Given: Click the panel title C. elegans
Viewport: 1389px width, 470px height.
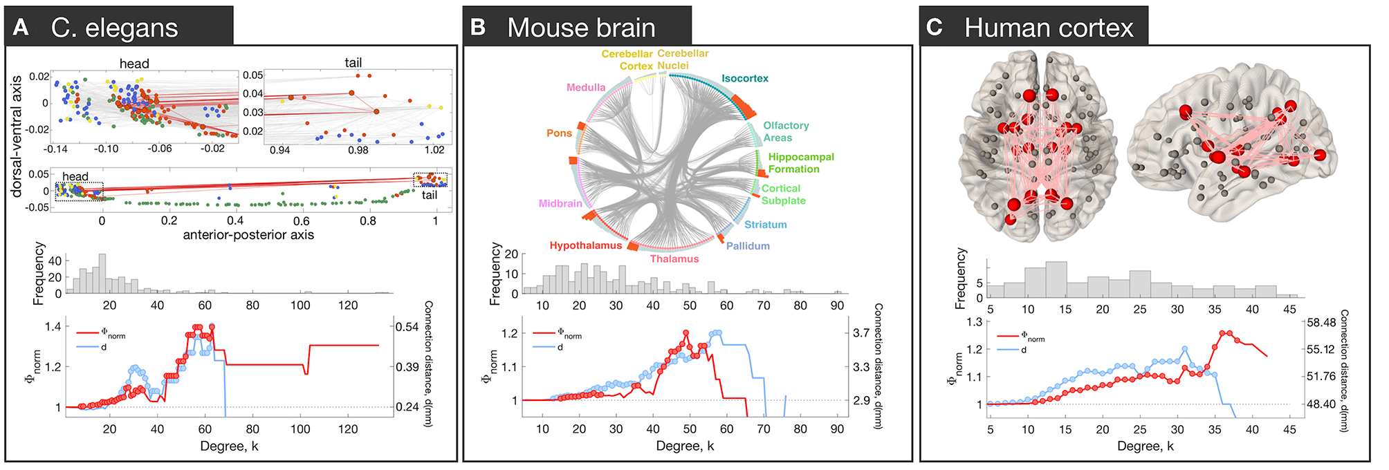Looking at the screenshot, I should tap(114, 28).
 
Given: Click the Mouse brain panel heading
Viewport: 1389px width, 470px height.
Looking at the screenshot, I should tap(581, 28).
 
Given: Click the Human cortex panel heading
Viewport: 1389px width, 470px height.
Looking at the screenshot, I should tap(1049, 28).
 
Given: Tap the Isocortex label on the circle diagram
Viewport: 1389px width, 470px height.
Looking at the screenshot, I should tap(745, 79).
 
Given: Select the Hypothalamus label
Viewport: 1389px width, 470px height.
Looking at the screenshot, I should tap(586, 245).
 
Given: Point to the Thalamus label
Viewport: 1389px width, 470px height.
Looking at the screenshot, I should tap(674, 259).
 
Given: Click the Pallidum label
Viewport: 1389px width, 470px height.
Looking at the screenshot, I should tap(748, 246).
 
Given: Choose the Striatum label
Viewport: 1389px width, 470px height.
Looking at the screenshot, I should tap(765, 225).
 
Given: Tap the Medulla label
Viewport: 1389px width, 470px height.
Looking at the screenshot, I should tap(586, 88).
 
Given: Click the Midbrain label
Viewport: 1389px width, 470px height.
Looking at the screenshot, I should tap(560, 204).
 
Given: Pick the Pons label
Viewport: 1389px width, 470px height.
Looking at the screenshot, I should tap(559, 133).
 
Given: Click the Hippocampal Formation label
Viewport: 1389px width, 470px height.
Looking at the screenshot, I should tap(800, 163).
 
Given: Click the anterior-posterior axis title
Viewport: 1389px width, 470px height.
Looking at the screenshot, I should tap(248, 235).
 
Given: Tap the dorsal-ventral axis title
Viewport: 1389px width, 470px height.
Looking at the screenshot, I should tap(17, 136).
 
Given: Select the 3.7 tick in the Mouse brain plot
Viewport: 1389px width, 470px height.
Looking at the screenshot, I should tap(861, 333).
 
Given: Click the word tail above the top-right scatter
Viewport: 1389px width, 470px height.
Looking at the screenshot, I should tap(353, 63).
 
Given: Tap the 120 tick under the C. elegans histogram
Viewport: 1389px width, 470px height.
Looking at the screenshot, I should tap(348, 305).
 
